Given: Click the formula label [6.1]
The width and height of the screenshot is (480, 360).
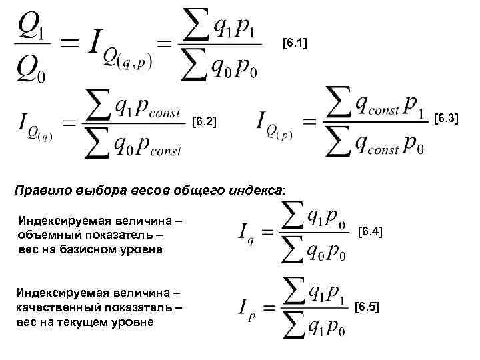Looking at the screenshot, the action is [294, 44].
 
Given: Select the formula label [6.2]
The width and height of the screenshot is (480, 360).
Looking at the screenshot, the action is [203, 122].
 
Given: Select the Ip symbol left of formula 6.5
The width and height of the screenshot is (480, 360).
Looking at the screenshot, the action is [245, 307].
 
